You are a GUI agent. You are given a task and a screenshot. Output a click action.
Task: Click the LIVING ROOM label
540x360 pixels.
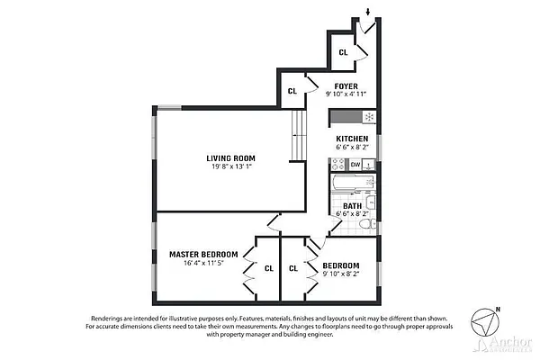point(231,157)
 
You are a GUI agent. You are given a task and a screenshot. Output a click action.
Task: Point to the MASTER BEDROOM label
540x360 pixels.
point(203,255)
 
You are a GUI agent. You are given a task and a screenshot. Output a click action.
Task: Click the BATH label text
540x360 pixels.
point(352,205)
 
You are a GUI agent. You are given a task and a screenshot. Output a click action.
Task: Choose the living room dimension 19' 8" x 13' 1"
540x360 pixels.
point(231,166)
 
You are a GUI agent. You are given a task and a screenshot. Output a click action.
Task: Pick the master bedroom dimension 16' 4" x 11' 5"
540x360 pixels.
point(203,264)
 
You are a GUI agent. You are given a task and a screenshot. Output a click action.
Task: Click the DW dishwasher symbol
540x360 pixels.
point(355,165)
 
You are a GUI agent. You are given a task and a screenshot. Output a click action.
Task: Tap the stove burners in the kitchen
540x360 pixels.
point(337,165)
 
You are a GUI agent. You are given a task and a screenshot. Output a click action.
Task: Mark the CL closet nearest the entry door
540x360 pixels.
point(343,52)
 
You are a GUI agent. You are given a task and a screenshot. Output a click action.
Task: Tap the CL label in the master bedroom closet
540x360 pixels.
point(268,268)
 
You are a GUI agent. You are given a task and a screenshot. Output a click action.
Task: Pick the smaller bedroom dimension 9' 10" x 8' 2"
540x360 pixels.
point(342,274)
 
